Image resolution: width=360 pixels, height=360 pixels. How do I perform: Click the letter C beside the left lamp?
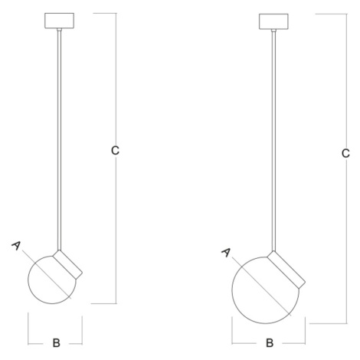[115, 150]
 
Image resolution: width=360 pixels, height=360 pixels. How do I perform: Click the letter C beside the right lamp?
[345, 153]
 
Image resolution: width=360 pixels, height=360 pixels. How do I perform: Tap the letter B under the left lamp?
[56, 343]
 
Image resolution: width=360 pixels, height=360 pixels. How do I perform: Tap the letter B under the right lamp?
[270, 343]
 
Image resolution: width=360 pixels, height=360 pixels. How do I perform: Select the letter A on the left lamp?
[16, 246]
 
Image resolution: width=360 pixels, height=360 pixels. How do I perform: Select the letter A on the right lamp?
[226, 253]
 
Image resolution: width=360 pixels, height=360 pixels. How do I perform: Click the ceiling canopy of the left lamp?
[60, 21]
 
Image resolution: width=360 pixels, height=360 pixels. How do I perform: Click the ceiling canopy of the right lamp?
[273, 21]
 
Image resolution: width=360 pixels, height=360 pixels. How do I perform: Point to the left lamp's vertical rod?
[59, 140]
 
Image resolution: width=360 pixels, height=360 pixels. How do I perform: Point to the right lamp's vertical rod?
[273, 141]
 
